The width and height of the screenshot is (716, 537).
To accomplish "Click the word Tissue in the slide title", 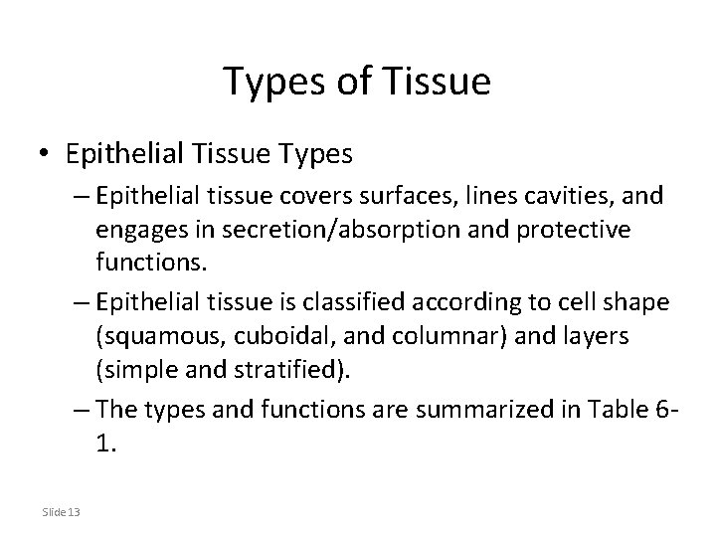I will (x=442, y=82).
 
